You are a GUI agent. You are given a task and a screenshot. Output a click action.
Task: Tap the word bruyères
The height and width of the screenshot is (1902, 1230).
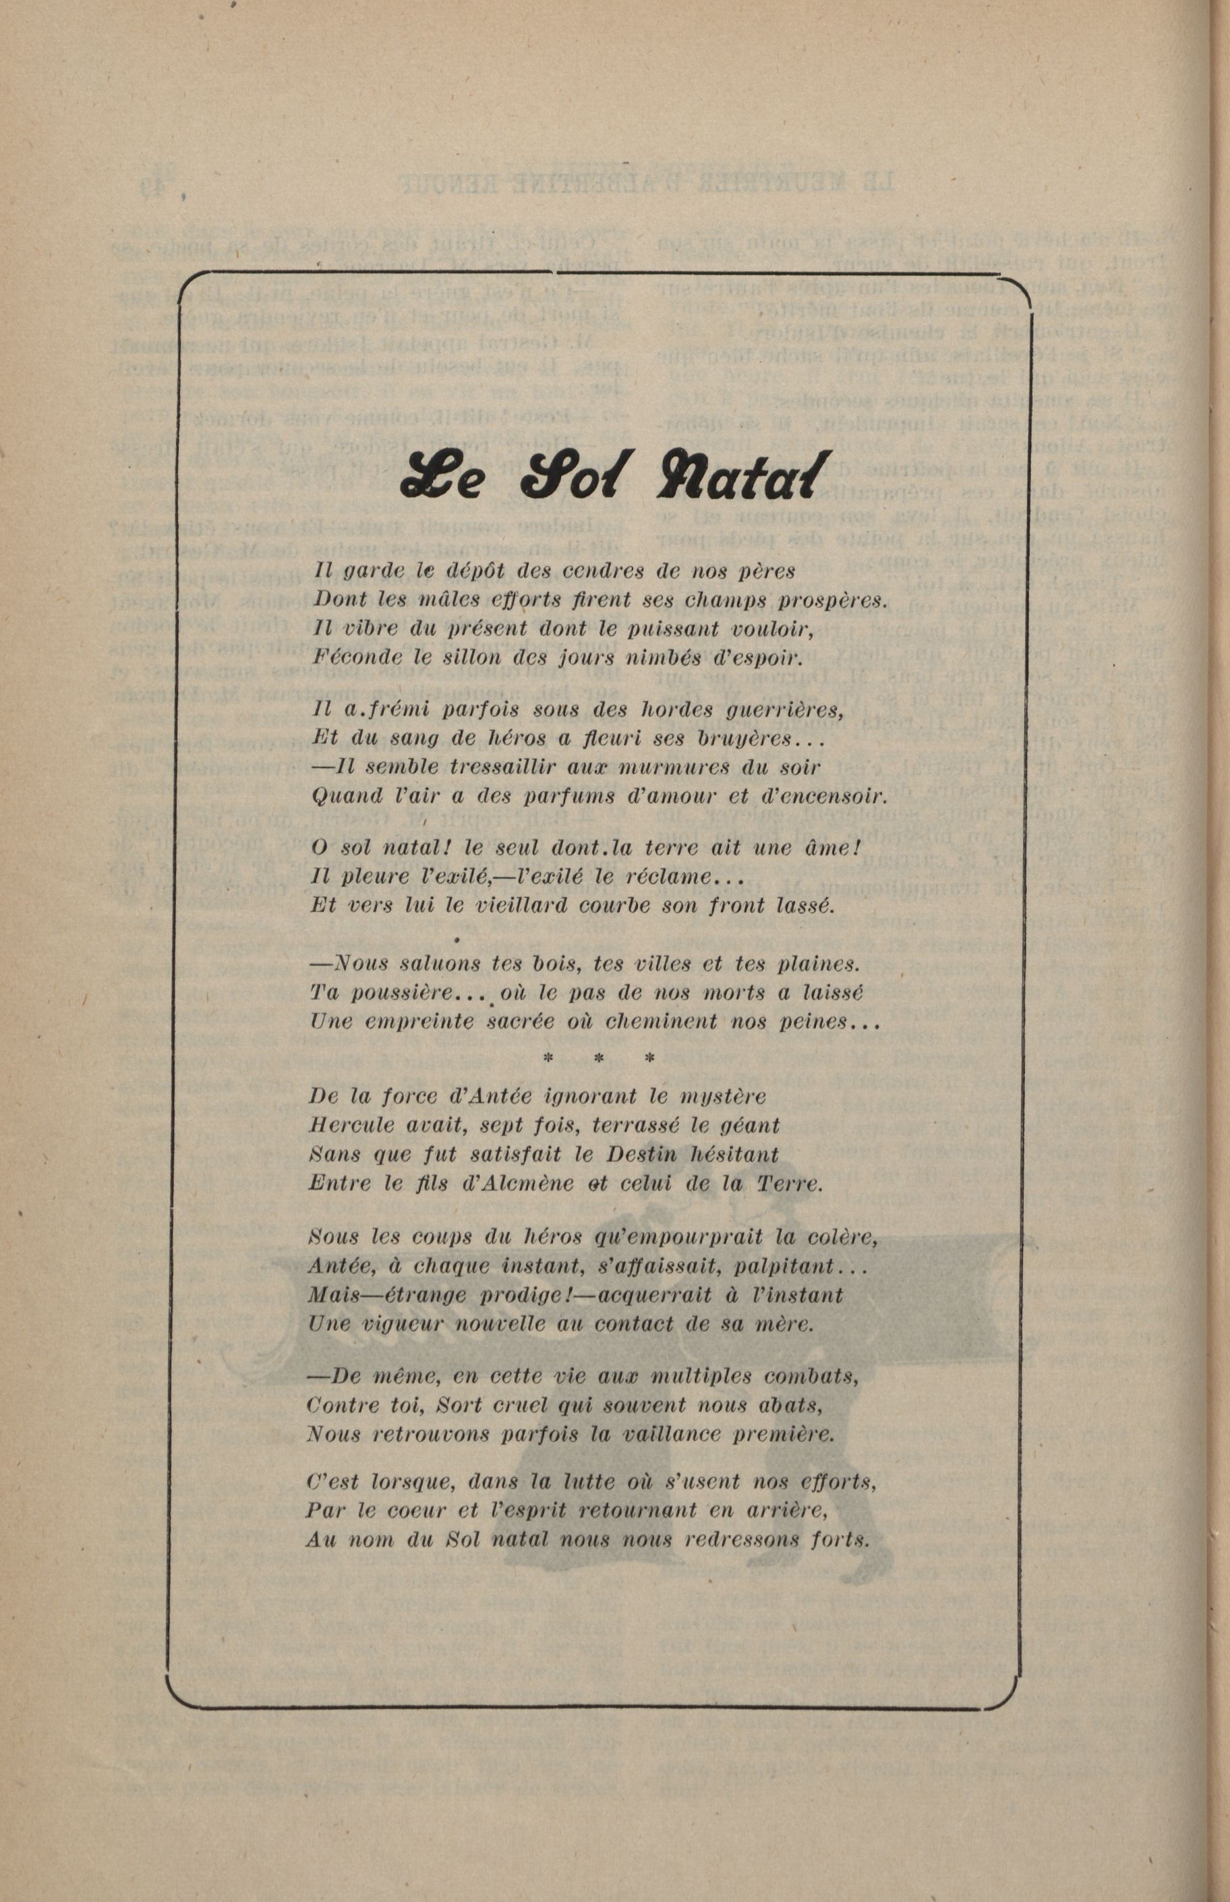759,739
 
